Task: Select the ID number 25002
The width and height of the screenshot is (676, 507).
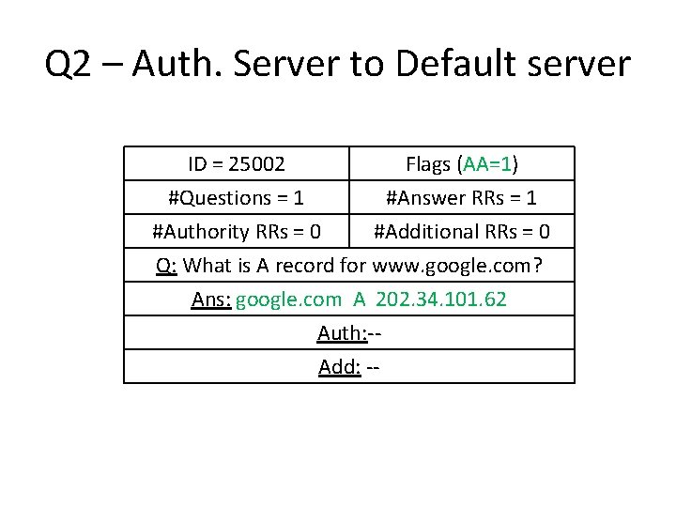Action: [254, 164]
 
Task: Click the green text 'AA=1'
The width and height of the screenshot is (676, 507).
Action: [487, 164]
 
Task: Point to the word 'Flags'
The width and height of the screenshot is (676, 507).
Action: [430, 164]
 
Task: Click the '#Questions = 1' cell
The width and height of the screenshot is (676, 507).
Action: [236, 198]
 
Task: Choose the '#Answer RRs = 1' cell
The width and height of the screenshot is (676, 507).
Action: [461, 198]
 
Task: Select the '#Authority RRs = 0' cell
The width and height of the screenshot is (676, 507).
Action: [237, 231]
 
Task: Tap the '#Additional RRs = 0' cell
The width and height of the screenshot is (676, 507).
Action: [461, 231]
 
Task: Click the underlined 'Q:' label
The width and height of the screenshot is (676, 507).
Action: [167, 265]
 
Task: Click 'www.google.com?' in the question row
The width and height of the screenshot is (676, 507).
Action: [457, 265]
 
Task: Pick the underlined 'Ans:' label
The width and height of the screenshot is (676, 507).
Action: [210, 299]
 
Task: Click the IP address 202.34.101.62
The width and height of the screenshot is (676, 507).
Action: [441, 299]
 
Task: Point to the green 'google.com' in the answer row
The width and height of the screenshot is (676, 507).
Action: [288, 299]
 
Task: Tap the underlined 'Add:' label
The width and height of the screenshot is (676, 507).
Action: [340, 366]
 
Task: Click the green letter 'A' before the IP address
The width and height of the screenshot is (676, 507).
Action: [360, 299]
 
